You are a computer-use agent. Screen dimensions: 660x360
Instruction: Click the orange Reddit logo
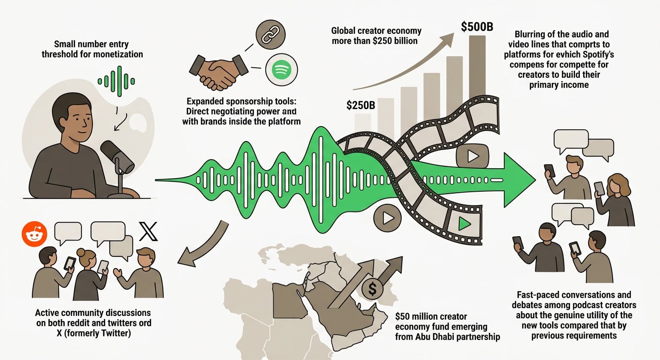point(35,234)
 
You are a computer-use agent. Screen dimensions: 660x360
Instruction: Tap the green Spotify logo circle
point(281,70)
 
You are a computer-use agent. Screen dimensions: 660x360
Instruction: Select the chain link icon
point(270,35)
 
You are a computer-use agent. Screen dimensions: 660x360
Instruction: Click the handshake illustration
point(218,72)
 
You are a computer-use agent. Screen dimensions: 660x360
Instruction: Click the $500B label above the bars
point(477,27)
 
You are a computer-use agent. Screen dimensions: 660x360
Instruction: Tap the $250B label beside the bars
point(360,105)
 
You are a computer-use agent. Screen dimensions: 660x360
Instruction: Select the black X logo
point(148,232)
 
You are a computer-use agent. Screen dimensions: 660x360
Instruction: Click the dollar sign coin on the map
point(372,289)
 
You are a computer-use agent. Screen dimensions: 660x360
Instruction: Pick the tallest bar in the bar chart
point(477,68)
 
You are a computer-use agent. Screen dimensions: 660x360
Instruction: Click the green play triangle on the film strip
point(465,223)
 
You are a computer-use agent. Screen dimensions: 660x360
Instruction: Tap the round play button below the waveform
point(388,218)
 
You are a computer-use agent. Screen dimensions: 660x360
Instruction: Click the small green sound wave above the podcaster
point(116,81)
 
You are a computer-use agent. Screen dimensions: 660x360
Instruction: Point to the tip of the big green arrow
point(536,180)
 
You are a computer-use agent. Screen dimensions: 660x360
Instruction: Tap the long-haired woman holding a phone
point(615,200)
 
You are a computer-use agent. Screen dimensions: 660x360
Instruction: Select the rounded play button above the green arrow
point(472,156)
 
